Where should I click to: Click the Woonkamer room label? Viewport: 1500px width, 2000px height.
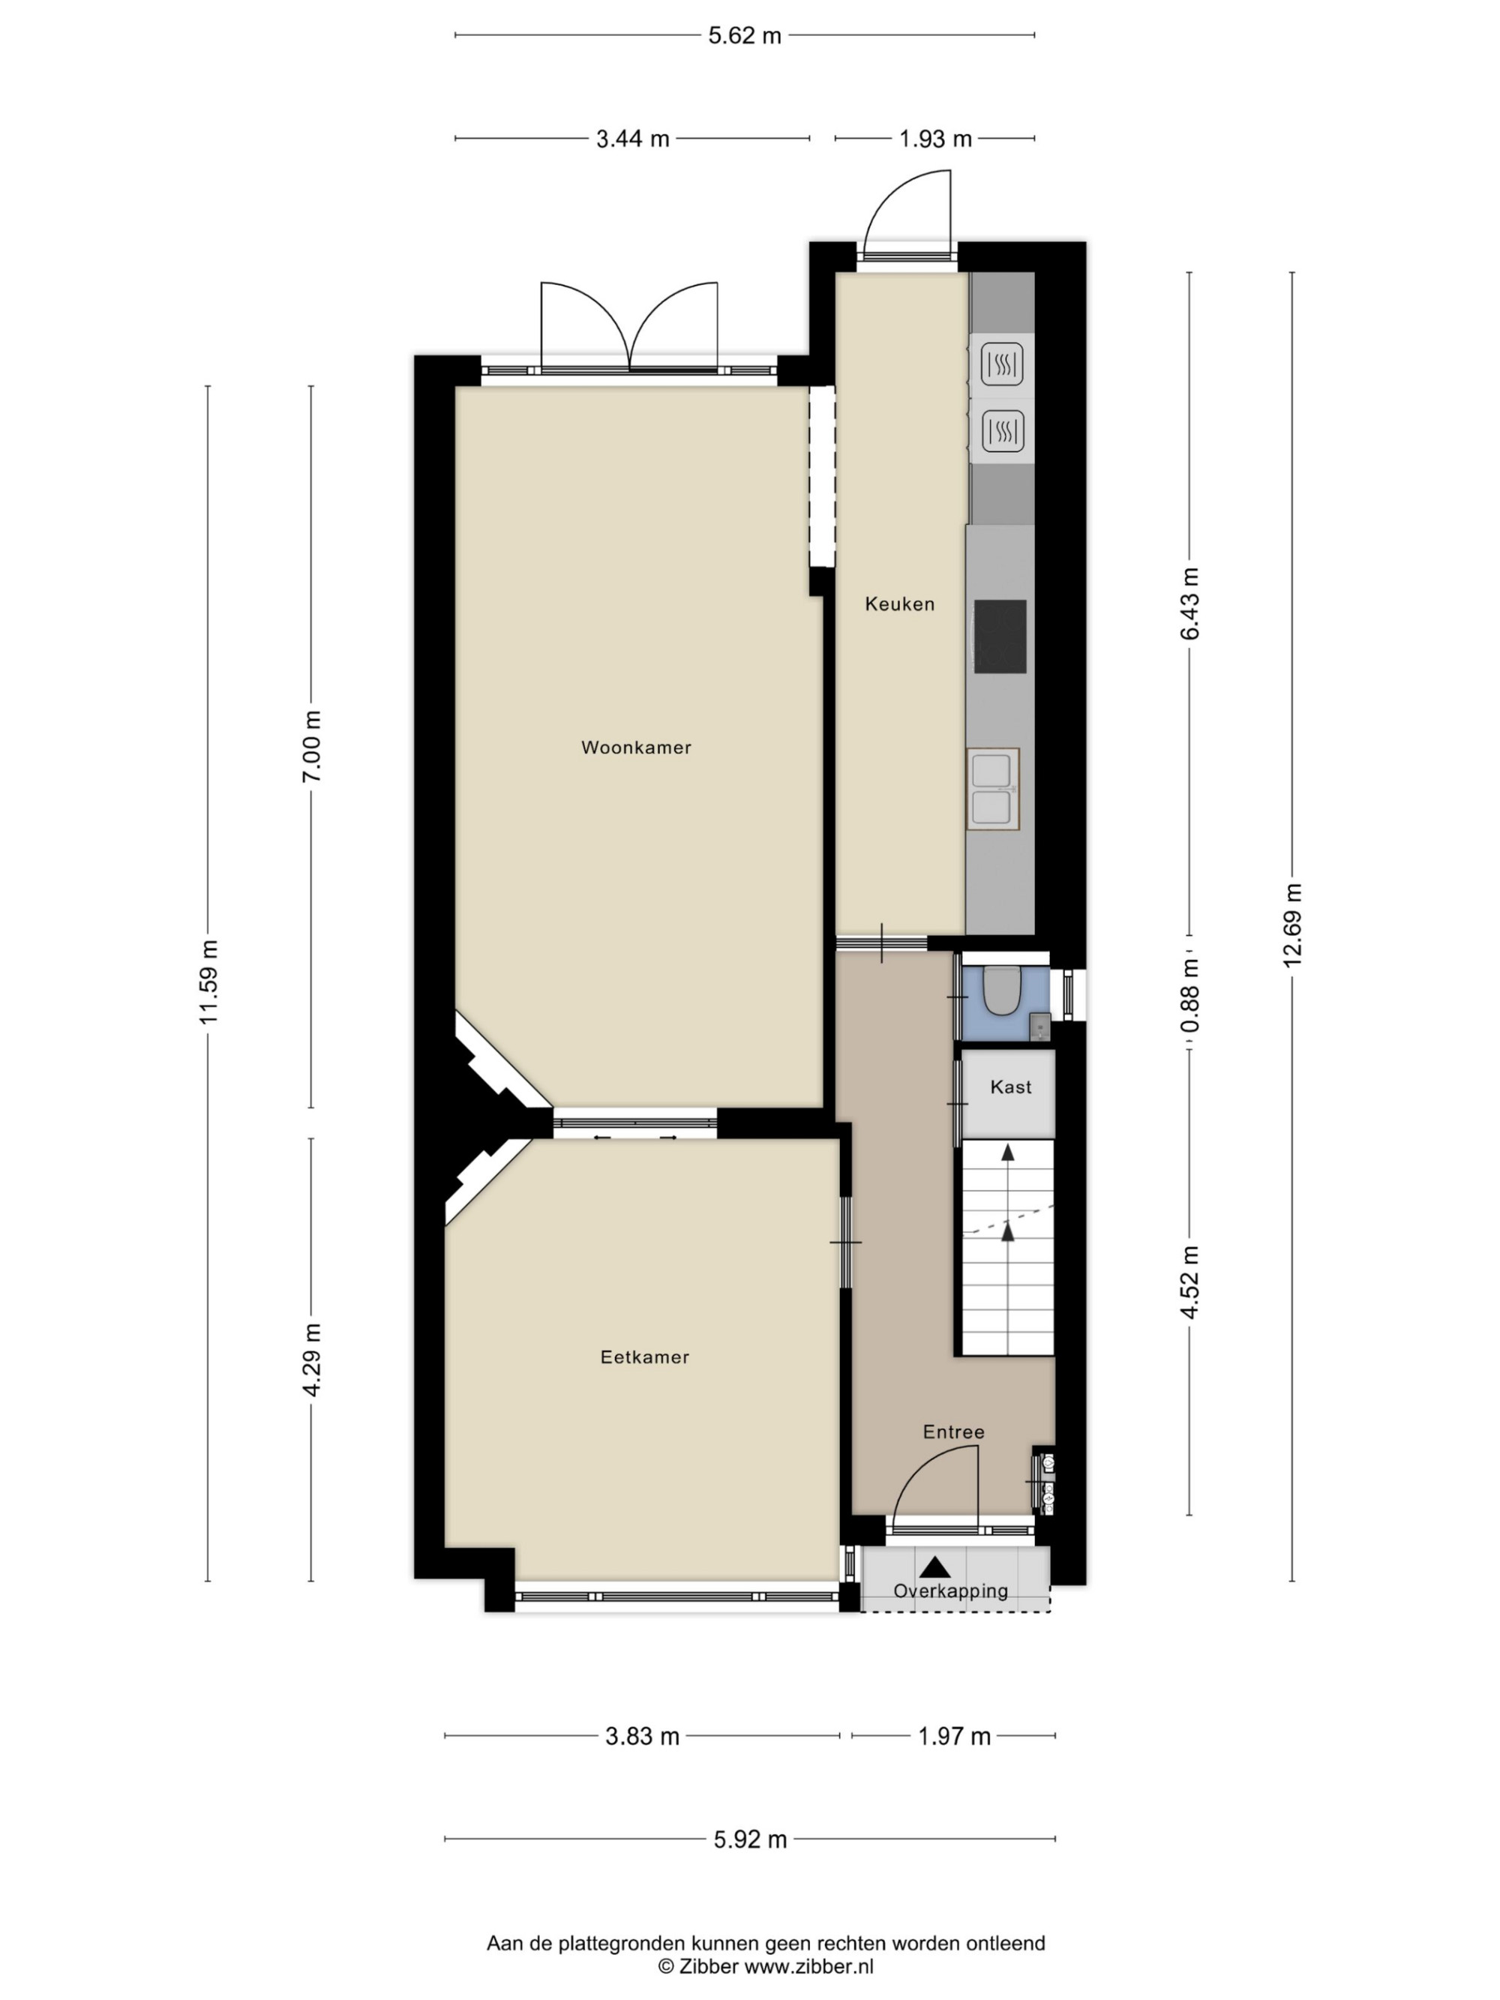pos(635,748)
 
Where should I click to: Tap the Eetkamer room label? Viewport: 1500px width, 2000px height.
pos(645,1357)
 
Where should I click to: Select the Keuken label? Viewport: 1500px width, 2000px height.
pos(900,604)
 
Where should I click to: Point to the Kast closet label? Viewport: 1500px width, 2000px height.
pos(1011,1087)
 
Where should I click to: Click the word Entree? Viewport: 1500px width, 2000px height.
pos(954,1432)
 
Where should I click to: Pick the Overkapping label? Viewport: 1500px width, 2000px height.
pos(950,1591)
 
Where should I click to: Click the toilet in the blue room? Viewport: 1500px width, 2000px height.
pos(1002,991)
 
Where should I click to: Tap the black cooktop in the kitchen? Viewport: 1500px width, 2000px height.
pos(1000,637)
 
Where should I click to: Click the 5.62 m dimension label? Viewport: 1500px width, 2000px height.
pos(744,36)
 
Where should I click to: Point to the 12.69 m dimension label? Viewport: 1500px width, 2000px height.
pos(1292,926)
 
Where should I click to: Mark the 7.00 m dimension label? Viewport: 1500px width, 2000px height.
pos(311,747)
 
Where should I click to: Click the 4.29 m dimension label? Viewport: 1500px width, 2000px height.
pos(312,1360)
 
